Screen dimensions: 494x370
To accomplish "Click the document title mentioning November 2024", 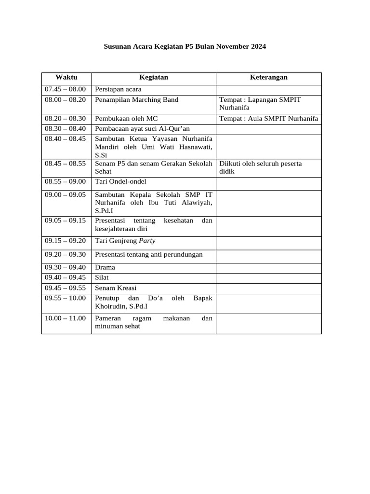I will pos(185,47).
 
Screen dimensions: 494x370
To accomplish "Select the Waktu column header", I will pos(66,77).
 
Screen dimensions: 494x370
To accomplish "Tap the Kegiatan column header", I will pos(153,77).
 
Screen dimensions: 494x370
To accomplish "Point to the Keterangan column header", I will pos(268,77).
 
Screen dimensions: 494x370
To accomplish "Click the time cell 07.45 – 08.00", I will pos(65,89).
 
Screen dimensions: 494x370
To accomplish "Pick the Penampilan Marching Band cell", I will pos(137,100).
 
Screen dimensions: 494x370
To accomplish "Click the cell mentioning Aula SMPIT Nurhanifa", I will pos(268,119).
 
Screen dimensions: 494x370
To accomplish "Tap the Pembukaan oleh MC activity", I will pos(126,119).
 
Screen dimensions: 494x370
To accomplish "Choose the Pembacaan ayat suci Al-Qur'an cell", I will pos(143,129).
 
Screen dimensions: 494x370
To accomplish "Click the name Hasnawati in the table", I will pos(195,147).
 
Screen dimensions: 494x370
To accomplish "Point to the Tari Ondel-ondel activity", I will pos(120,182).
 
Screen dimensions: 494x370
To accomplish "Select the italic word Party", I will pos(147,241).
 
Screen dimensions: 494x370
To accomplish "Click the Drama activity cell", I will pos(105,267).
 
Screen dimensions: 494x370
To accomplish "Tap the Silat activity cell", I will pos(103,277).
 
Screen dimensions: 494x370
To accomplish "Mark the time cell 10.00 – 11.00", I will pos(65,318).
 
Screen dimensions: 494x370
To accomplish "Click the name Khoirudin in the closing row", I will pos(111,306).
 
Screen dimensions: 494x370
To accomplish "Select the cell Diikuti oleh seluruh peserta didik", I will pos(260,167).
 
